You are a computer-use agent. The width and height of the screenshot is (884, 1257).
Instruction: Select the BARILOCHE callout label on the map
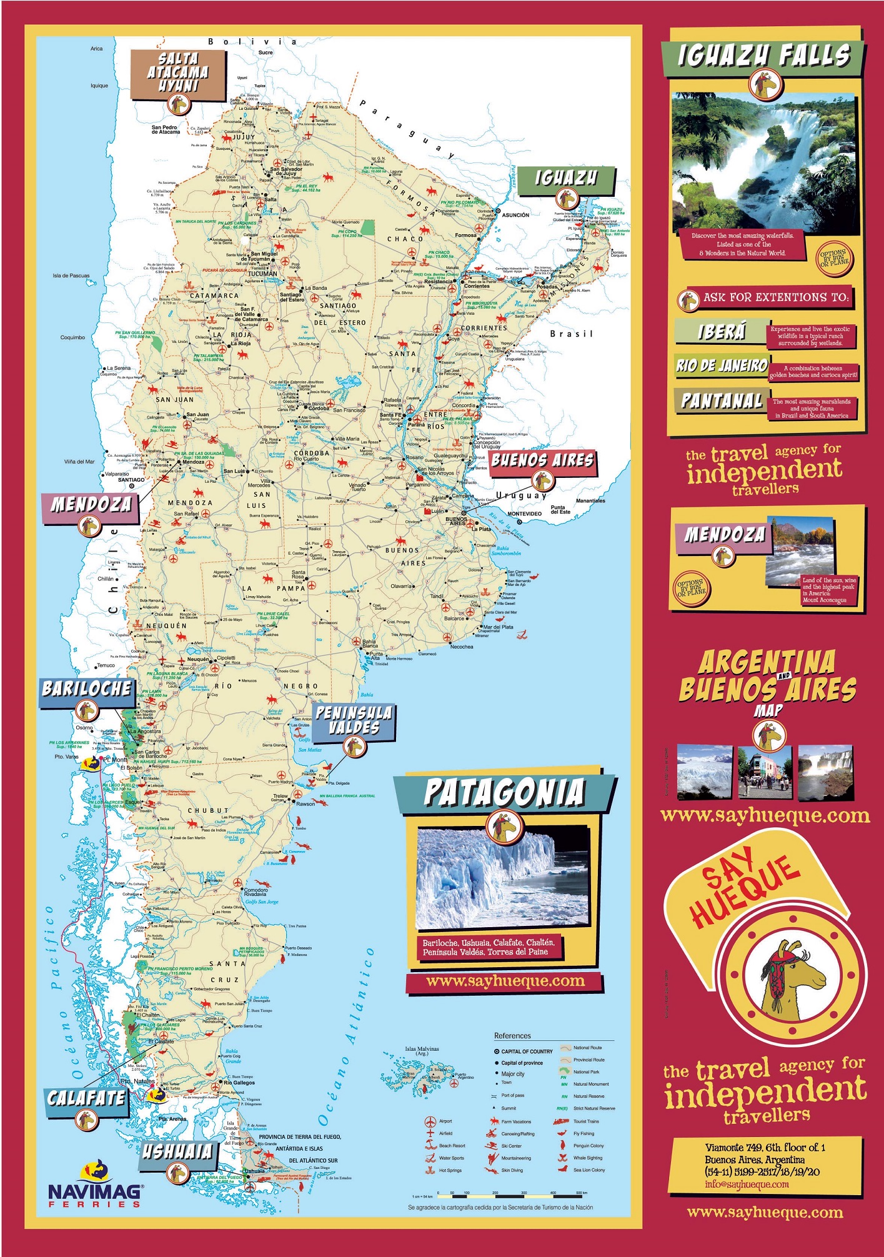tap(87, 689)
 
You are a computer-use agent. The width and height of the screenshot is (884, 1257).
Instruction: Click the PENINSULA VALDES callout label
tap(354, 720)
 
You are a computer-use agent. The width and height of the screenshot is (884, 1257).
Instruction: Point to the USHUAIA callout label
tap(177, 1151)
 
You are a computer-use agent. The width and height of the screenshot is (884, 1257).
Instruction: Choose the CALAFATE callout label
tap(86, 1098)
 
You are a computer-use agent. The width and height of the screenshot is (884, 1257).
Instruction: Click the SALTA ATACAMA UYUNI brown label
tap(178, 72)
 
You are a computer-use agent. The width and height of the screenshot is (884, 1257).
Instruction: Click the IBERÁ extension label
tap(721, 332)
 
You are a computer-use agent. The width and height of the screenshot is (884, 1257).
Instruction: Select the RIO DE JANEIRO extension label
tap(721, 365)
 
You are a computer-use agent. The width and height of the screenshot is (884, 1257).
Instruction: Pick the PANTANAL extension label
tap(721, 400)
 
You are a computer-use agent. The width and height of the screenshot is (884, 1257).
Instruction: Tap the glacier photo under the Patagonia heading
tap(503, 878)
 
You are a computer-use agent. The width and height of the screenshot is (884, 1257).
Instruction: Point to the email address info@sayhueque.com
tap(747, 1185)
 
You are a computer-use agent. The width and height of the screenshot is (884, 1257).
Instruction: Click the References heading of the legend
tap(512, 1036)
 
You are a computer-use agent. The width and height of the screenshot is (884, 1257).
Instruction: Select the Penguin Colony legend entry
tap(588, 1146)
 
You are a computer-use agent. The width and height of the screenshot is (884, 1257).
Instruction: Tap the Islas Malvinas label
tap(422, 1050)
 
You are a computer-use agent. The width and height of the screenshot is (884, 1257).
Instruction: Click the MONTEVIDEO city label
tap(524, 514)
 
